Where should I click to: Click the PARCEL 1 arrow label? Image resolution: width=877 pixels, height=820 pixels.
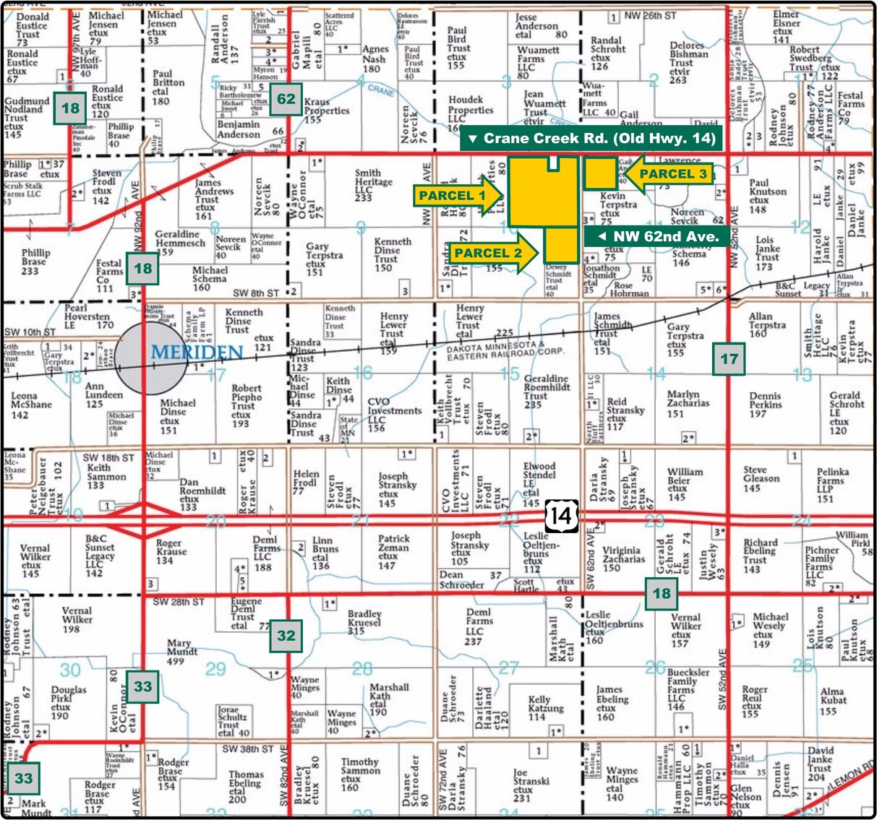(x=457, y=195)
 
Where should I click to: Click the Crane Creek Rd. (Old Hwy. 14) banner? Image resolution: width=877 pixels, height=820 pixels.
(x=591, y=138)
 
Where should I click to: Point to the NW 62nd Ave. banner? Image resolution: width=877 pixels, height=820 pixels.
(x=657, y=236)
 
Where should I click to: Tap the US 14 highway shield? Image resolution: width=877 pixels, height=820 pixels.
(x=561, y=516)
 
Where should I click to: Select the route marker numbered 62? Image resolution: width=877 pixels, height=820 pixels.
(x=286, y=98)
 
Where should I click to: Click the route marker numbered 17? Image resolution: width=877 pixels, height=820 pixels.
(x=729, y=358)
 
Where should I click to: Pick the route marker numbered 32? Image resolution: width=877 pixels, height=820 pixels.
(x=286, y=636)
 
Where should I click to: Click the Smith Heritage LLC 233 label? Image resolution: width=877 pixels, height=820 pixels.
(x=373, y=185)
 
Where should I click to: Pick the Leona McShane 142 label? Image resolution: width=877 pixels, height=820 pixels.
(x=30, y=405)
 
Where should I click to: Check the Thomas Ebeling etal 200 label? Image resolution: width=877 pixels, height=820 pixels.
(x=245, y=787)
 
